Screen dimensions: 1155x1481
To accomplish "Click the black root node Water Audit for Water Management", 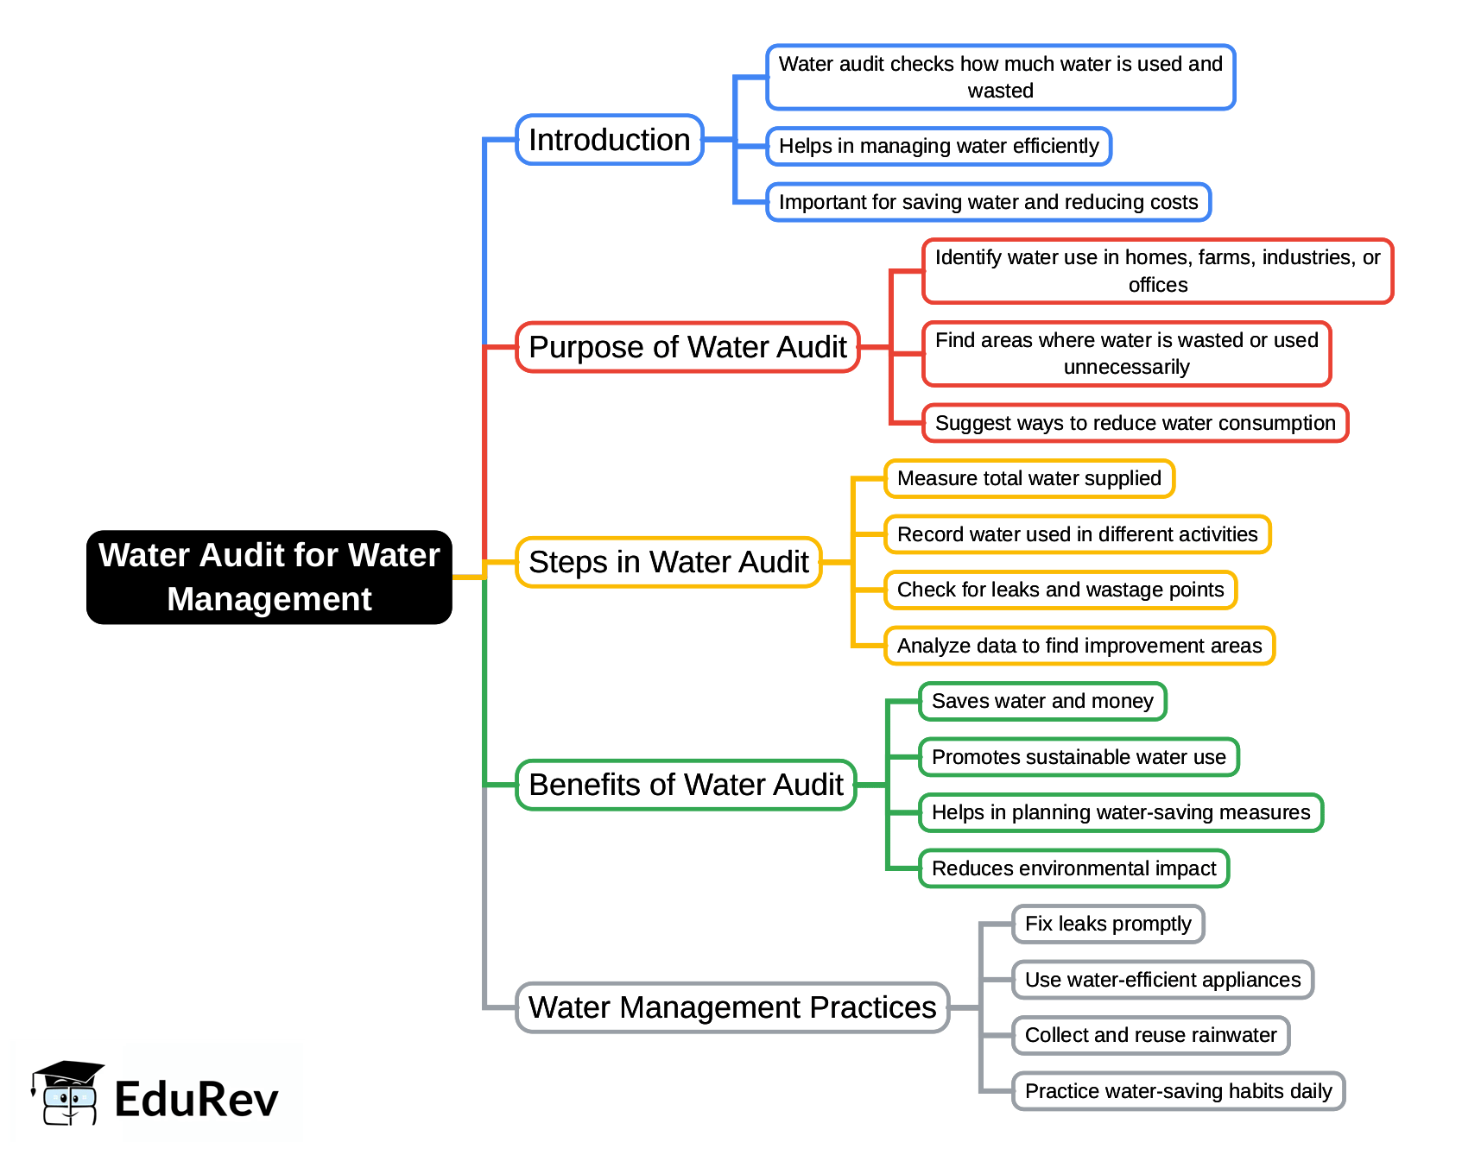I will tap(269, 577).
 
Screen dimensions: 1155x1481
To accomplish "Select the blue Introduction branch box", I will tap(610, 140).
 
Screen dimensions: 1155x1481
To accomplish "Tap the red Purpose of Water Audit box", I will tap(687, 347).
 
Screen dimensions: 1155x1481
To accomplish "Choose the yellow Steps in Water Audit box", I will tap(668, 562).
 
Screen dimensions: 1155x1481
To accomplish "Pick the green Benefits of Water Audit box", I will tap(686, 785).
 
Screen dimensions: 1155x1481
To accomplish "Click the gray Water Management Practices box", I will tap(732, 1007).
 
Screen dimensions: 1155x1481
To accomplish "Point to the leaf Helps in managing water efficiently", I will tap(939, 146).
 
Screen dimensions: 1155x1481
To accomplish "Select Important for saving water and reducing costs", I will tap(988, 202).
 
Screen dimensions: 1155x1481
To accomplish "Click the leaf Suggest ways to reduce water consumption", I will tap(1135, 423).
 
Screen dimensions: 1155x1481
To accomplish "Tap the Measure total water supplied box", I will tap(1028, 478).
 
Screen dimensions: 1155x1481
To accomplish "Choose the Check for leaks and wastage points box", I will tap(1060, 590).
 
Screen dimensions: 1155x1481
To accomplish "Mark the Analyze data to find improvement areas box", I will tap(1079, 646).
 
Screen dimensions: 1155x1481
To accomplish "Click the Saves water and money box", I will tap(1042, 701).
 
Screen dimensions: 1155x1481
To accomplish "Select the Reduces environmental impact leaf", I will tap(1073, 868).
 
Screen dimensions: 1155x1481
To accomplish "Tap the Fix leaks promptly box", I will tap(1108, 924).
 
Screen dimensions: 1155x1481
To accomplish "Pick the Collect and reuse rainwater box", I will tap(1150, 1035).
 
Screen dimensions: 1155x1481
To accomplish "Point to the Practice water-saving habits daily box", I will tap(1178, 1091).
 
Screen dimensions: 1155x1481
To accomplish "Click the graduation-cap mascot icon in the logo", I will tap(67, 1094).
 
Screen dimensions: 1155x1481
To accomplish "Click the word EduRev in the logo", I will tap(196, 1100).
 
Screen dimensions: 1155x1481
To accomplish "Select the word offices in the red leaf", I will tap(1158, 285).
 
